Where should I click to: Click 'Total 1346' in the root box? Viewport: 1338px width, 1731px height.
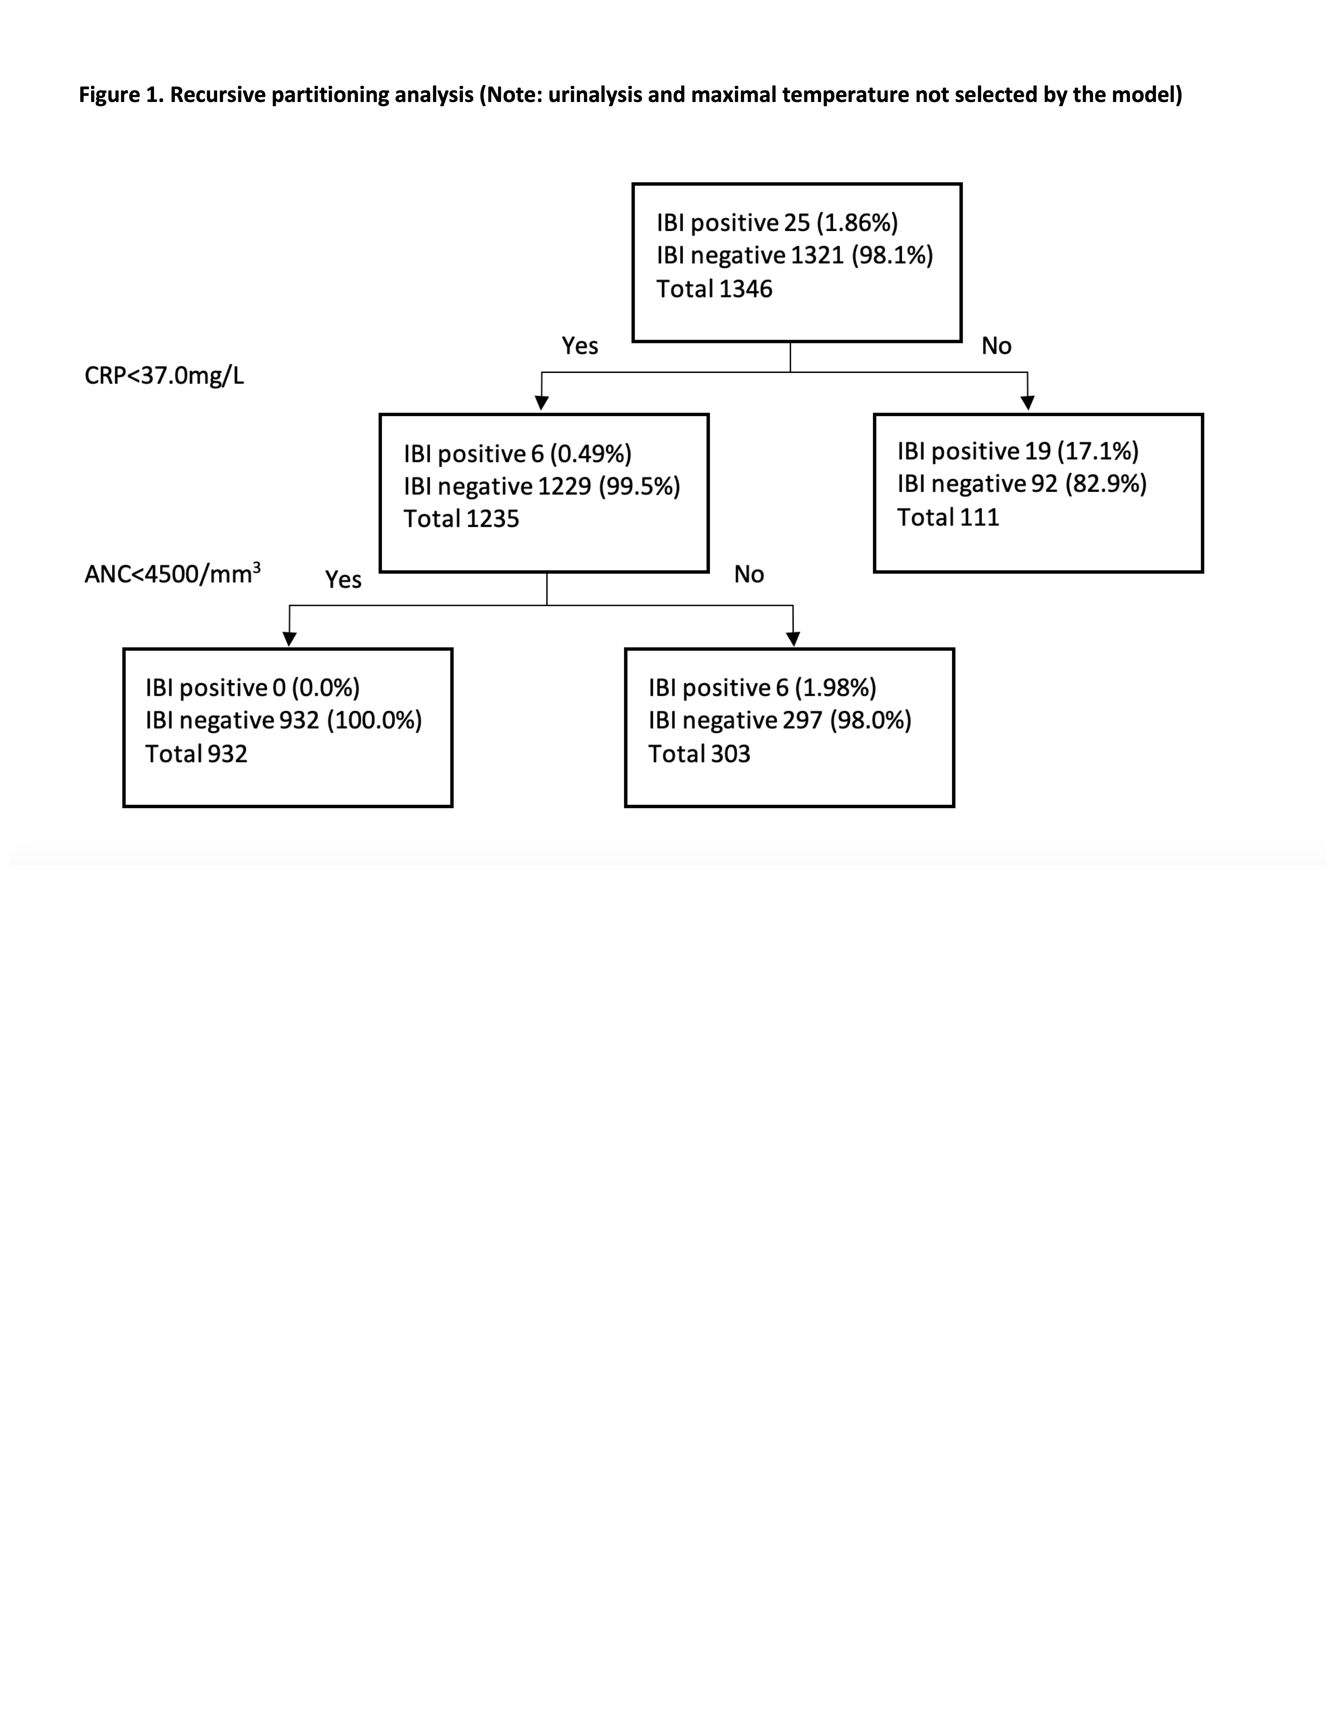tap(714, 289)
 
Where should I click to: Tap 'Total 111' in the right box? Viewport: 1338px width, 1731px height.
tap(948, 517)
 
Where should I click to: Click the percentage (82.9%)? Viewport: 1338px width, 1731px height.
tap(1106, 483)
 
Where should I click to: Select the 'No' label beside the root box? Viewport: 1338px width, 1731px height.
tap(996, 346)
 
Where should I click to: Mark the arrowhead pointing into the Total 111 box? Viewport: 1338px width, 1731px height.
tap(1027, 403)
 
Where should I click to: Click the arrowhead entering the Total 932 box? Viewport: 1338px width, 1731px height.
tap(289, 639)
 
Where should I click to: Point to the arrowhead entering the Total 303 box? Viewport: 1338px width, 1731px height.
tap(793, 639)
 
